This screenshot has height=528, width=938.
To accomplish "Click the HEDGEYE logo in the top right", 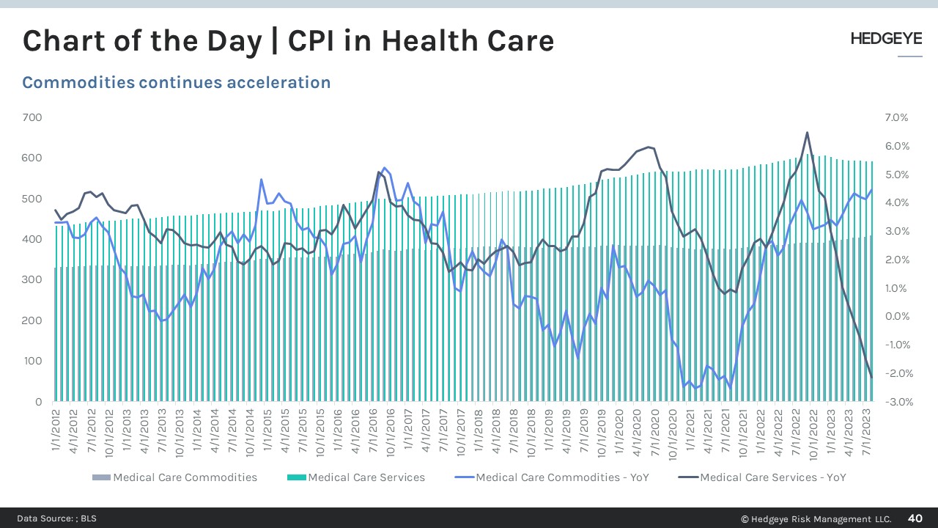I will point(886,40).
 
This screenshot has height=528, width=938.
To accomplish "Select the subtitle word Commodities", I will point(78,82).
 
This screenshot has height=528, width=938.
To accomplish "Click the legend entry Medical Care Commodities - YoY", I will point(562,477).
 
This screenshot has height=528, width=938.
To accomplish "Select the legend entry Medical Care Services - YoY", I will point(772,477).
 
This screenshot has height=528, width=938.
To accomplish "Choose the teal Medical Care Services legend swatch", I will point(296,477).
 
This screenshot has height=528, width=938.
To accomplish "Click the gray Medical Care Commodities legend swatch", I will point(101,477).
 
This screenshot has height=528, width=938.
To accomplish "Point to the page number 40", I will point(915,518).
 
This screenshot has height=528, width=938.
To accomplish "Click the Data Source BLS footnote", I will point(56,518).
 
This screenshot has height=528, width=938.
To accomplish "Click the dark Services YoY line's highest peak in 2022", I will point(807,133).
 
